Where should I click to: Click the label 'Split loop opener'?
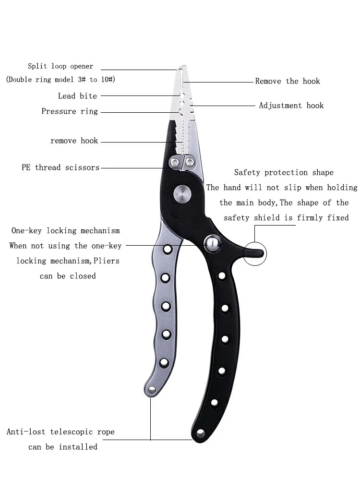click(x=60, y=66)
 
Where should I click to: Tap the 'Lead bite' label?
click(x=77, y=96)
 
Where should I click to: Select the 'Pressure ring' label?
click(x=70, y=111)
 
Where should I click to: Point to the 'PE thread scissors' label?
click(x=60, y=167)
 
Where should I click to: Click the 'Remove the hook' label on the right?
click(x=287, y=81)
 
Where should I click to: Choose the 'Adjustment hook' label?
click(x=291, y=106)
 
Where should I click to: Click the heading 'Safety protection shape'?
click(x=284, y=172)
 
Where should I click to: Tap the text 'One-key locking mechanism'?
click(x=65, y=231)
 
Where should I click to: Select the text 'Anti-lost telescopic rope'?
click(x=60, y=432)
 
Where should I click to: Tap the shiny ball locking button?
click(x=211, y=243)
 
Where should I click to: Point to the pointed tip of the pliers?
click(x=182, y=68)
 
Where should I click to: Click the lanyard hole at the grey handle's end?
click(x=152, y=390)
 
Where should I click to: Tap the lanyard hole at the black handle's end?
click(x=200, y=434)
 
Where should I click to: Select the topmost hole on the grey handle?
click(x=168, y=250)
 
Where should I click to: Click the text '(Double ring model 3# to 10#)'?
click(x=60, y=80)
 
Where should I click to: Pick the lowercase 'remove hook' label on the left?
click(x=74, y=141)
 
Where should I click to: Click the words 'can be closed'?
click(x=68, y=276)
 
